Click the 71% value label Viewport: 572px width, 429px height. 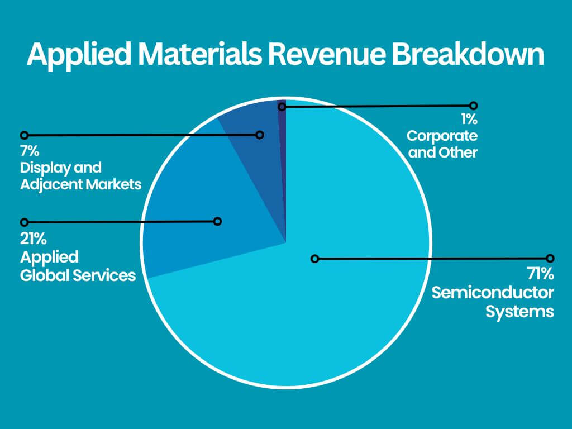[x=540, y=274]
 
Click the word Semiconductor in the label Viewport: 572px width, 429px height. [x=493, y=293]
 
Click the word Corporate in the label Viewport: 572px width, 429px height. [x=442, y=136]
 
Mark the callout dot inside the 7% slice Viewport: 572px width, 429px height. [x=259, y=135]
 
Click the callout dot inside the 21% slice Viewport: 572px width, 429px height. [x=218, y=221]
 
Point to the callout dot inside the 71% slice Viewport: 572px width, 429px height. [x=315, y=259]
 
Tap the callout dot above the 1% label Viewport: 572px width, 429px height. [x=474, y=105]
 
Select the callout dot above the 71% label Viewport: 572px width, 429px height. [x=550, y=258]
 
